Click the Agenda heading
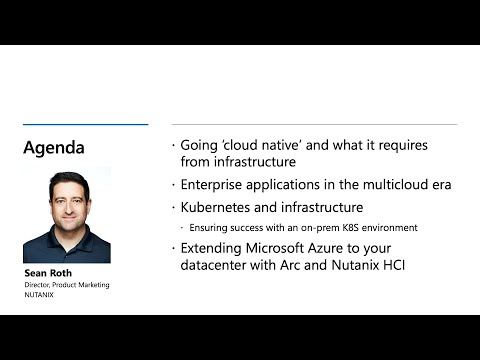[x=54, y=148]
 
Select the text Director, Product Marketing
[x=66, y=285]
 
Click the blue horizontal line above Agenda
[x=85, y=125]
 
